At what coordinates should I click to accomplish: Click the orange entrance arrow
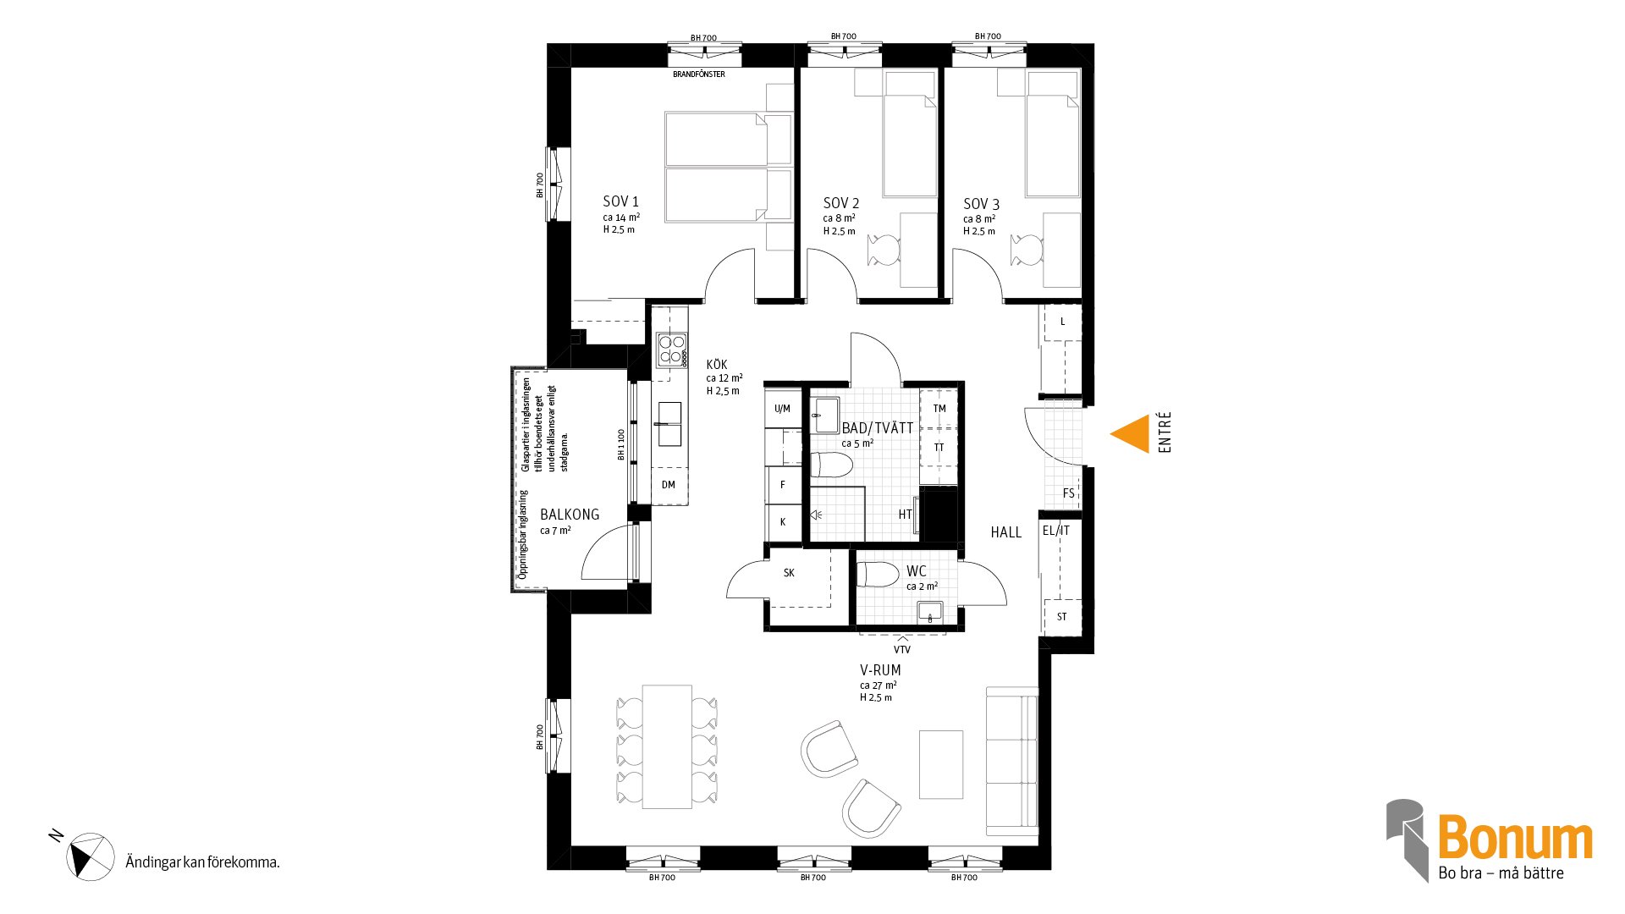click(1131, 433)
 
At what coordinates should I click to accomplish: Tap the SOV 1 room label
click(620, 201)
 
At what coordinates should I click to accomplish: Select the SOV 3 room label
click(981, 204)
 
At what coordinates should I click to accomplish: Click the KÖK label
click(717, 365)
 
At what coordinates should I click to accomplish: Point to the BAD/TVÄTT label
click(878, 428)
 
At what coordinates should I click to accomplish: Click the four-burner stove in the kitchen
click(672, 349)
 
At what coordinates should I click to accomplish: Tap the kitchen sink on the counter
click(669, 424)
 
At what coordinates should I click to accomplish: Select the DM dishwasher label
click(669, 485)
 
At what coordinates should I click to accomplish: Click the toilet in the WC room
click(878, 575)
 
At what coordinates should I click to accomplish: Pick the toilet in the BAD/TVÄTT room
click(831, 464)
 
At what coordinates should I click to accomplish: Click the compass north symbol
click(90, 856)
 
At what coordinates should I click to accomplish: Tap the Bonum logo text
click(1515, 839)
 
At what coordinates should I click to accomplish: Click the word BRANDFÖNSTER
click(699, 74)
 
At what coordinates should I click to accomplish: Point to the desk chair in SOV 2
click(884, 251)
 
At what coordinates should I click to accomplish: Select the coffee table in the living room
click(941, 764)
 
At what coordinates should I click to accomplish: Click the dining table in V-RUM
click(667, 746)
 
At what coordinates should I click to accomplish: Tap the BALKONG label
click(570, 515)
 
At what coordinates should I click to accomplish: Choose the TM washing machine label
click(939, 409)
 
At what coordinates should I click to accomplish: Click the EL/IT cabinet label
click(1056, 531)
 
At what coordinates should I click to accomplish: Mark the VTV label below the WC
click(902, 650)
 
